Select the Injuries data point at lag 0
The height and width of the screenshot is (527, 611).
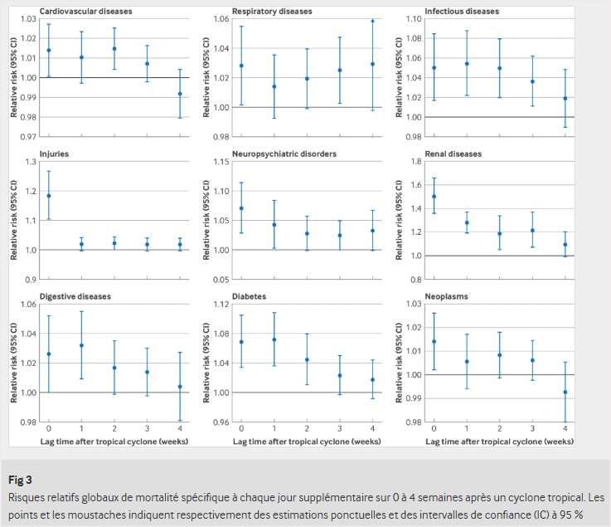tap(49, 196)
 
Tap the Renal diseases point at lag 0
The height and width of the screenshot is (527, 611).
tap(434, 197)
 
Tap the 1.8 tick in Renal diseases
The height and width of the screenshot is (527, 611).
tap(416, 161)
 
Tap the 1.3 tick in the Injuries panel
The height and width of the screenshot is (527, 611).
tap(32, 161)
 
